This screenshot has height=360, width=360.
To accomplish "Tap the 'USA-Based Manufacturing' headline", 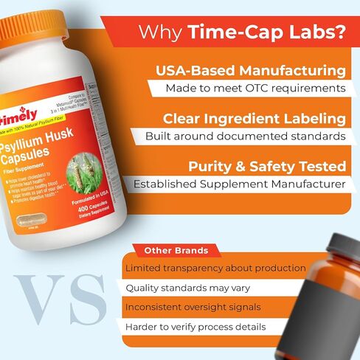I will coord(250,71).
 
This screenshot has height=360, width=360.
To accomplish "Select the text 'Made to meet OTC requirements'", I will coord(255,88).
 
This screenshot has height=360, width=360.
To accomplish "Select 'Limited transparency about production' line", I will coord(215,268).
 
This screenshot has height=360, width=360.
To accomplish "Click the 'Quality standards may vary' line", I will coord(187,288).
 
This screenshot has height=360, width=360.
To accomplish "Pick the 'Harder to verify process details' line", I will coord(195,326).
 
